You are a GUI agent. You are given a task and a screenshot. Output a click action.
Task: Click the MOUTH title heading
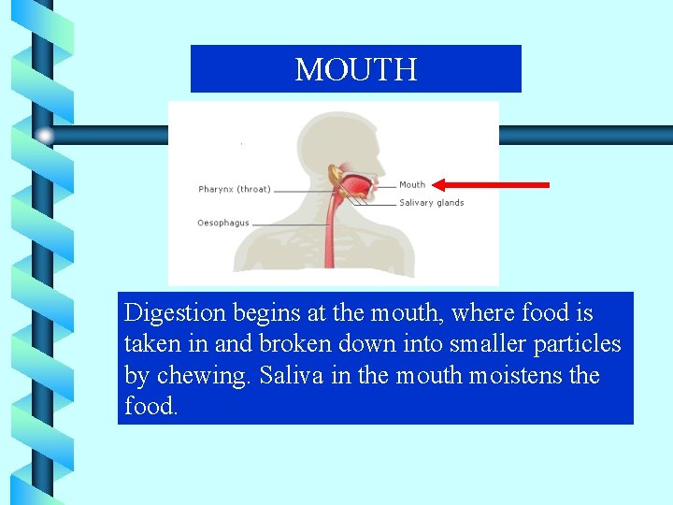pos(355,69)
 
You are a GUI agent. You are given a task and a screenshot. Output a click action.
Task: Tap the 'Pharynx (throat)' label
pos(235,190)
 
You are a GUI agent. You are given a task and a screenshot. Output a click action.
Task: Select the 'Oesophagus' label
pos(223,223)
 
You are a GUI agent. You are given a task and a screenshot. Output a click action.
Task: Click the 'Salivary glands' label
pos(431,203)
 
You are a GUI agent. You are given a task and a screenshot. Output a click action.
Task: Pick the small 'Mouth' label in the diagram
pos(412,185)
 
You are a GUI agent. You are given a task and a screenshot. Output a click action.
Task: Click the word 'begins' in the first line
pos(257,313)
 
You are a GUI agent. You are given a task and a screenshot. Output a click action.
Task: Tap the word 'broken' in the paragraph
pos(294,344)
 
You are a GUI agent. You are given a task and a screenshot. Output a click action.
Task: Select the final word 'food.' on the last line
pos(150,408)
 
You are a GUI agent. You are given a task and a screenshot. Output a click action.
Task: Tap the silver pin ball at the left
pos(44,135)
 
